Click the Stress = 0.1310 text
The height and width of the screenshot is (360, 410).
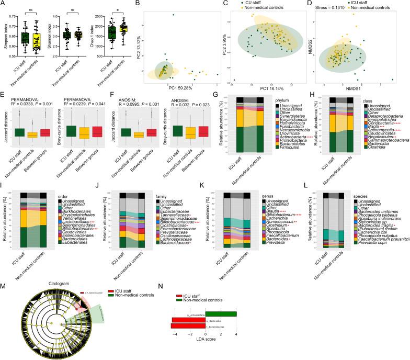pos(332,8)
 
